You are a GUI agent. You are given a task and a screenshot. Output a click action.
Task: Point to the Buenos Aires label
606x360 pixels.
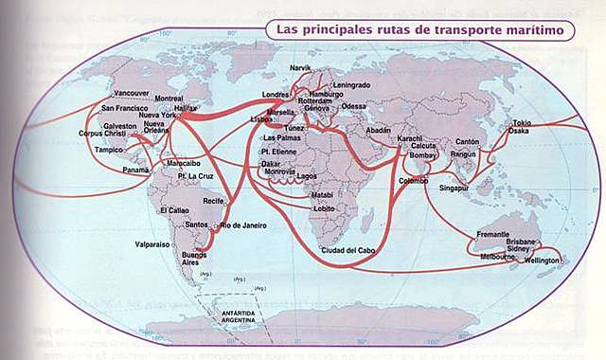pos(193,259)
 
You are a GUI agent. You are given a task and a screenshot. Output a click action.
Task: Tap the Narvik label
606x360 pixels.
pos(300,67)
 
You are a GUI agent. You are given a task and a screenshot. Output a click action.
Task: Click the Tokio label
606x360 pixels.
pos(523,122)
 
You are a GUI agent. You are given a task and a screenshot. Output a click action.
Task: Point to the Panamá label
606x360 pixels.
pos(135,171)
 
